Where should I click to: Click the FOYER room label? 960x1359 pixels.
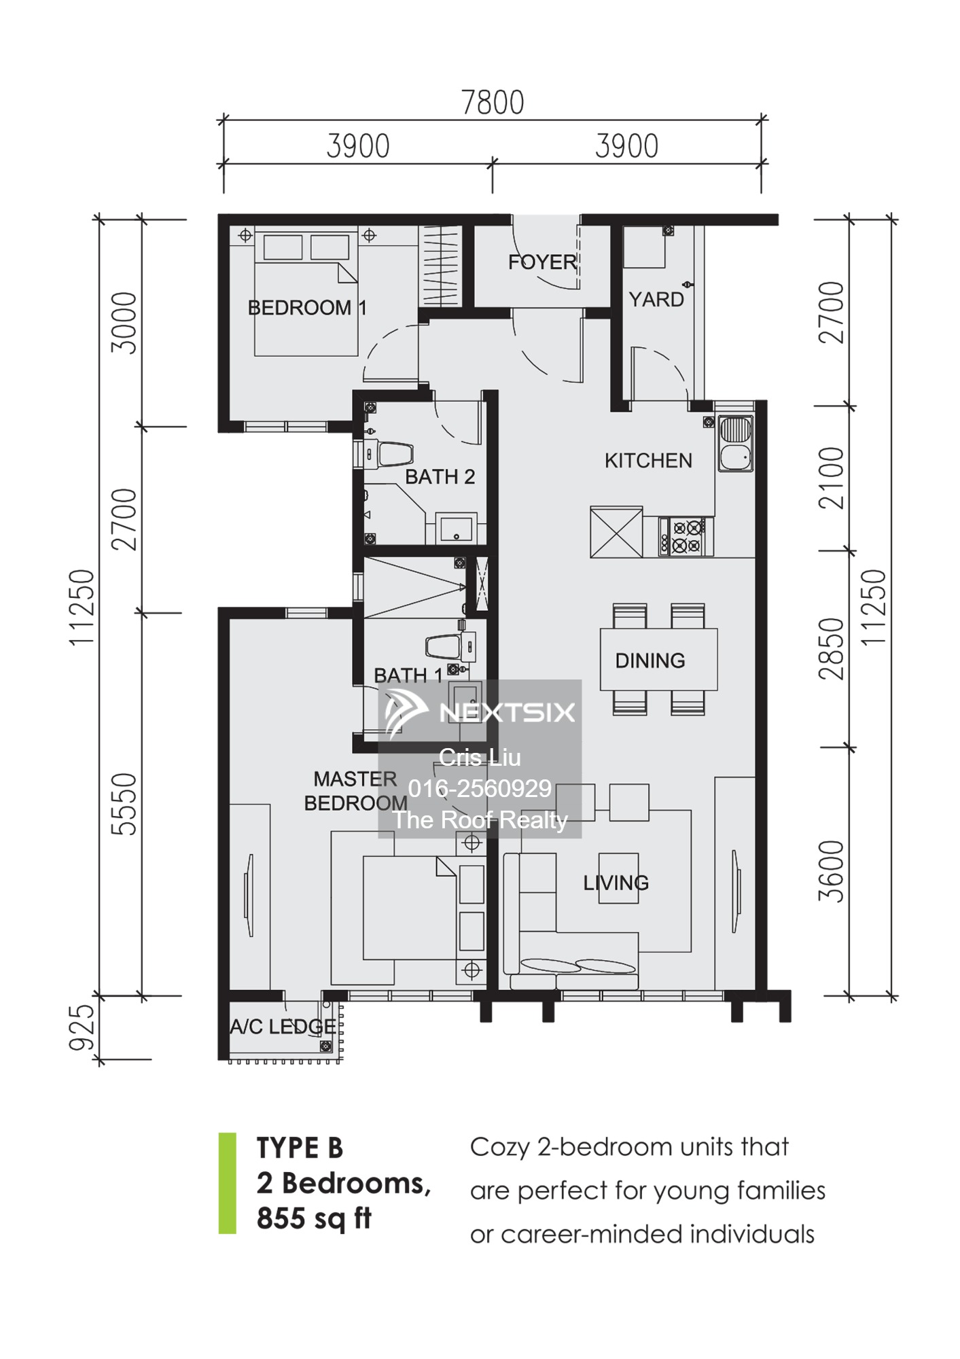point(542,262)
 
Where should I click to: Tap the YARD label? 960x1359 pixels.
point(656,300)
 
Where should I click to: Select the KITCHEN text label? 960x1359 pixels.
point(648,461)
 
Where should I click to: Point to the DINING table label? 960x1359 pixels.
point(650,660)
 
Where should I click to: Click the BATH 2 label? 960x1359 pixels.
point(440,477)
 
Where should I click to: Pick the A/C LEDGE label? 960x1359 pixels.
point(283,1027)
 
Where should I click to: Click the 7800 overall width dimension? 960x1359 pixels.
point(493,103)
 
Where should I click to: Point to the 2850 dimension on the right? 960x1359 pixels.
point(831,648)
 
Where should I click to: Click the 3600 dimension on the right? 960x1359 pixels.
point(831,872)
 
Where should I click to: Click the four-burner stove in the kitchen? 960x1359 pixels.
point(686,537)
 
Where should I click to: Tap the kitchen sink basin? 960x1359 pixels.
point(734,443)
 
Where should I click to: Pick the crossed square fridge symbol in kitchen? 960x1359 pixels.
point(616,531)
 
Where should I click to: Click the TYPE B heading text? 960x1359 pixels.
point(300,1148)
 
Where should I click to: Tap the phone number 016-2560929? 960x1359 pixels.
point(480,788)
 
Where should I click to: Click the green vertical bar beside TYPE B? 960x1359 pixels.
point(228,1183)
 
